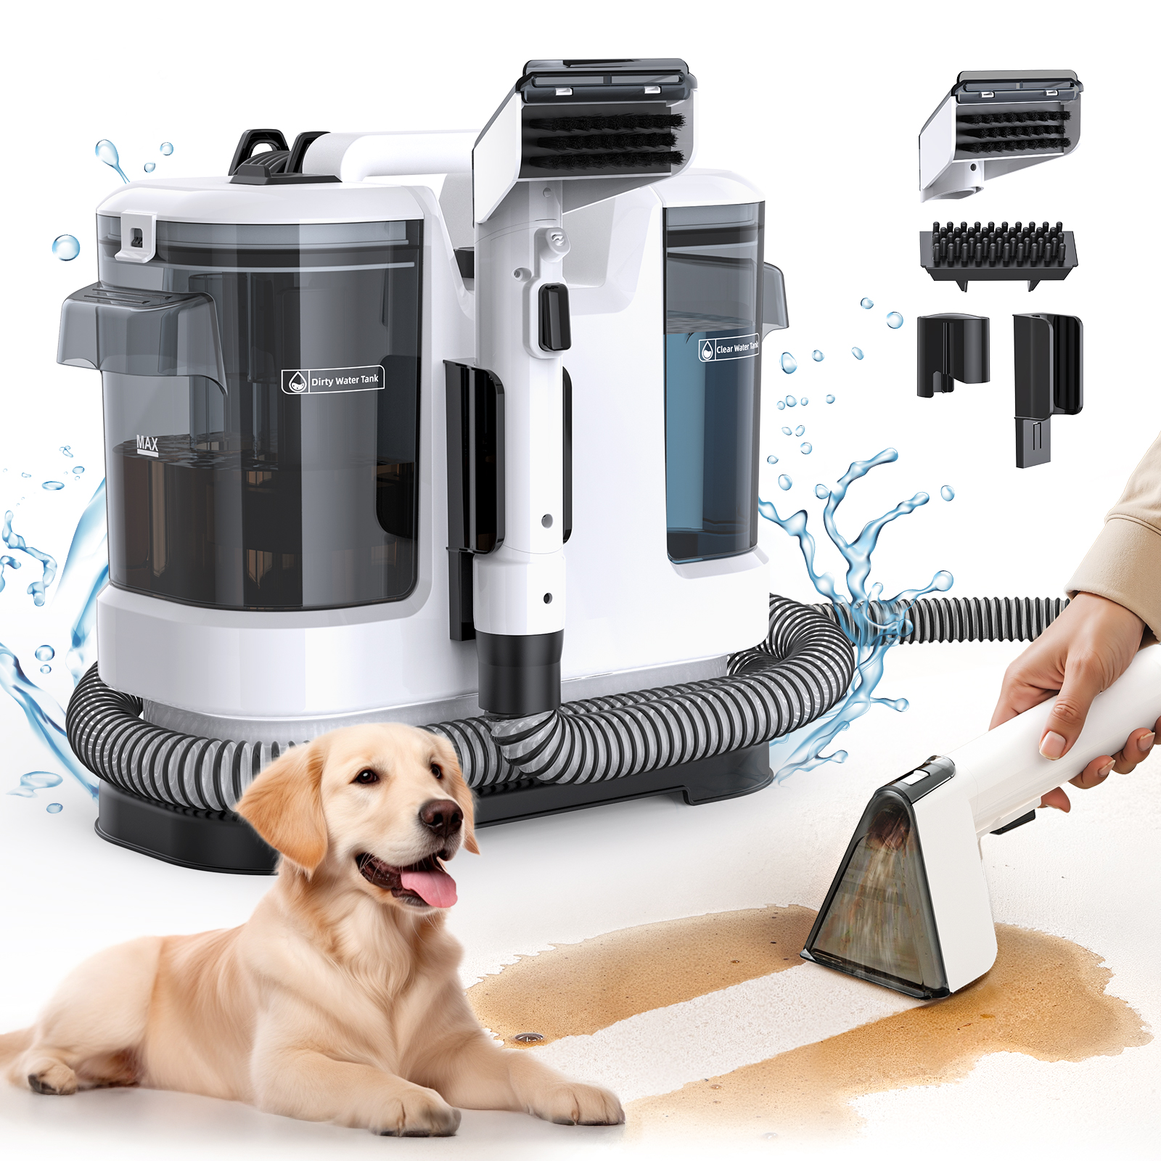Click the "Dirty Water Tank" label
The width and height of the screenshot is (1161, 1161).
pos(333,380)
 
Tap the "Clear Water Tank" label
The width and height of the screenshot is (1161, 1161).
pos(729,348)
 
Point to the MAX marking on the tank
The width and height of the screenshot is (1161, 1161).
pos(147,443)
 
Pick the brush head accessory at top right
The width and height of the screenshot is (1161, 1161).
pos(1001,134)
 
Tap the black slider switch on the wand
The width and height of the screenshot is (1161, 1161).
pos(554,316)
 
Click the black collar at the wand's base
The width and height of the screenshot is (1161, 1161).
pos(520,671)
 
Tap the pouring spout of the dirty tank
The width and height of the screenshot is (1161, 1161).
pos(138,327)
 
